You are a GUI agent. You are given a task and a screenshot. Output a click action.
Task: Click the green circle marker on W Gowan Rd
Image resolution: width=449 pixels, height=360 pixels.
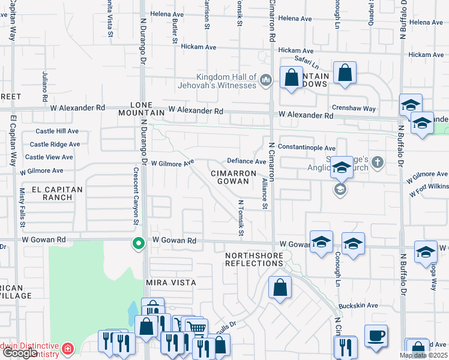(x=138, y=244)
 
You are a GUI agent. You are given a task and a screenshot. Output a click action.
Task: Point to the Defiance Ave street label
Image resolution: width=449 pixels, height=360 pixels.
(x=246, y=161)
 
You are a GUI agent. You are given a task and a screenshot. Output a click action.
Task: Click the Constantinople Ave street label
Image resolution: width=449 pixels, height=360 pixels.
(x=306, y=148)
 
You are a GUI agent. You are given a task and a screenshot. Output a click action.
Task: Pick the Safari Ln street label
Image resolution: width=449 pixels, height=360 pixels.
(x=306, y=59)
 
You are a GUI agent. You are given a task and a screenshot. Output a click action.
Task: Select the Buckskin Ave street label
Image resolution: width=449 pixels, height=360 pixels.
(x=358, y=305)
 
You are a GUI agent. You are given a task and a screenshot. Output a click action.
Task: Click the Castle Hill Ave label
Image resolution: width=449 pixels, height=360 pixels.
(x=57, y=131)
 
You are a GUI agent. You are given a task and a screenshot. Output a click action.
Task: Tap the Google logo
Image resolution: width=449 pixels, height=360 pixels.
(x=20, y=353)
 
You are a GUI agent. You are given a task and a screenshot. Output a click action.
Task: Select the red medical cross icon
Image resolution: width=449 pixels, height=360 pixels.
(x=68, y=347)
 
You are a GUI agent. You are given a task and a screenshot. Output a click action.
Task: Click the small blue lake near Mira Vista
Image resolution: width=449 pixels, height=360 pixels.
(x=131, y=312)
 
